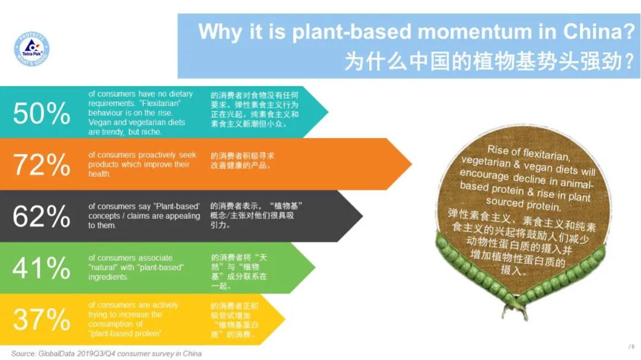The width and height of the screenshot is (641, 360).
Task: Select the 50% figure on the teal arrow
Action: [x=41, y=113]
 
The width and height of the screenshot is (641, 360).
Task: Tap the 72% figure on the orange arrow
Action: [x=41, y=165]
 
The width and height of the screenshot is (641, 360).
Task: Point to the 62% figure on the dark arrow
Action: [x=41, y=216]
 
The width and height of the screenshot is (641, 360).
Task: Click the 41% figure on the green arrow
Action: [x=41, y=269]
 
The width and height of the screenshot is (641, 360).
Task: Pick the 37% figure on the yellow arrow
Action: [x=41, y=320]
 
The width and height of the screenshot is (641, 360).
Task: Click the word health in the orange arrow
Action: [x=100, y=174]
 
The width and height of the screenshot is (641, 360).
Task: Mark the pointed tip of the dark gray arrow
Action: [x=361, y=216]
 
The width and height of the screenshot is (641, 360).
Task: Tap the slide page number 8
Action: [x=633, y=346]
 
